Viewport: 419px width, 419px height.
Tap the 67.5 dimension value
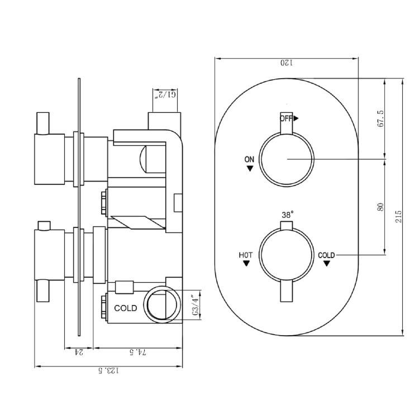(381, 118)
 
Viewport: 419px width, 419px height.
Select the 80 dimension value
(381, 206)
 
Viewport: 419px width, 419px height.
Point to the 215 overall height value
(398, 216)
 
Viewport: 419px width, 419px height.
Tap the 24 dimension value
(79, 353)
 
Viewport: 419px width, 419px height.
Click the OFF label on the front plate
(287, 118)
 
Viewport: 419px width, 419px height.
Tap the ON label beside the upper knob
(249, 160)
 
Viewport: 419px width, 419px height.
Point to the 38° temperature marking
(287, 215)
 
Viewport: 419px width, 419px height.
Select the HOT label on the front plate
(246, 255)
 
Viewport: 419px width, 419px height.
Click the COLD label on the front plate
(326, 255)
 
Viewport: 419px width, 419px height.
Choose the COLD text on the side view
(126, 308)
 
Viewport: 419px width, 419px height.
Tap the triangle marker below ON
(249, 168)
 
